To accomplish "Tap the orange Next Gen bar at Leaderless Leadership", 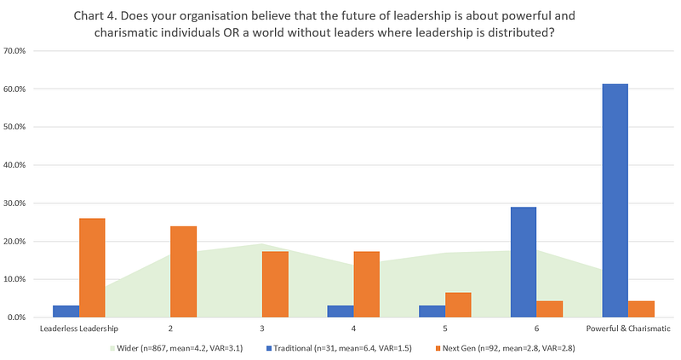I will click(x=92, y=267).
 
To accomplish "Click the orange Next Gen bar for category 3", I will click(x=275, y=283).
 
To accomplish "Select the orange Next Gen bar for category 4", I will click(x=367, y=283).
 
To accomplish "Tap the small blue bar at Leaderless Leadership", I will click(x=66, y=311).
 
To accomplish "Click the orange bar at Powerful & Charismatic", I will click(x=641, y=309).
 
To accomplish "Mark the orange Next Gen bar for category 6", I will click(x=550, y=309).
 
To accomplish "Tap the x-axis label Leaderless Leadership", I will click(x=79, y=328).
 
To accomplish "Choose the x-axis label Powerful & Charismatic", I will click(x=628, y=328).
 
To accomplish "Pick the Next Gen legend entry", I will click(x=494, y=347).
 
